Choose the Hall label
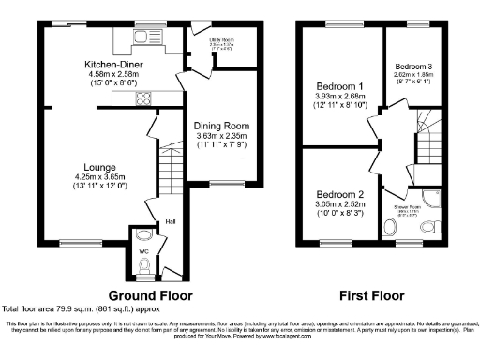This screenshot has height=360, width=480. (171, 222)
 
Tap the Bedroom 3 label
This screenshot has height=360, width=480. (412, 67)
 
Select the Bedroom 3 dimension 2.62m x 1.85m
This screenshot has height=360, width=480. (412, 77)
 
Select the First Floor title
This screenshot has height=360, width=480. (373, 292)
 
